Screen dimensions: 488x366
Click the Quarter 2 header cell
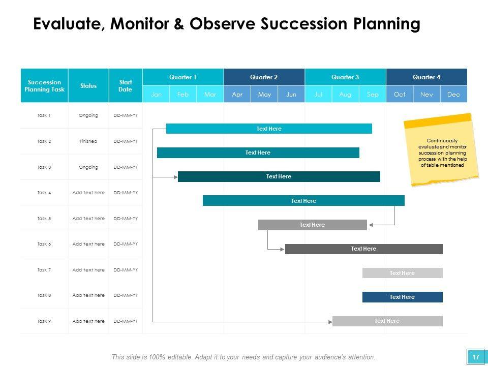[264, 77]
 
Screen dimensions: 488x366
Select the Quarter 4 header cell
[426, 77]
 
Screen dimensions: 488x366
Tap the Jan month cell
[156, 94]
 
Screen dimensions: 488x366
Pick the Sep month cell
[373, 94]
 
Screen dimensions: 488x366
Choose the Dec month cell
[454, 94]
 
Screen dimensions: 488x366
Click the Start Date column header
[126, 85]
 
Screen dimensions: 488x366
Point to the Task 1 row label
[44, 115]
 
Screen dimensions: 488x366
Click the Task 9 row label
[44, 321]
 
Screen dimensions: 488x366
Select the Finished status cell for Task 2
[88, 141]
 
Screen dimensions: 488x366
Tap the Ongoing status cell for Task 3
[88, 167]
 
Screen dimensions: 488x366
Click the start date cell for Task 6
[126, 244]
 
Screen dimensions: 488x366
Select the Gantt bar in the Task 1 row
[269, 129]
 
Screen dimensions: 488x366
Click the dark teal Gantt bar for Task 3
[279, 176]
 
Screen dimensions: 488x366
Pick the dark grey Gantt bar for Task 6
[364, 249]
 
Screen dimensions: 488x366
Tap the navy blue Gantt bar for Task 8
[403, 297]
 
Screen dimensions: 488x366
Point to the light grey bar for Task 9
[387, 321]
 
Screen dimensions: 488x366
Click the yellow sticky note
[442, 150]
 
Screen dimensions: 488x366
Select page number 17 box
[476, 357]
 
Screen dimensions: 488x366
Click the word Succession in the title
[304, 24]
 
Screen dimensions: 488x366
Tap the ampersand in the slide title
[179, 24]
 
